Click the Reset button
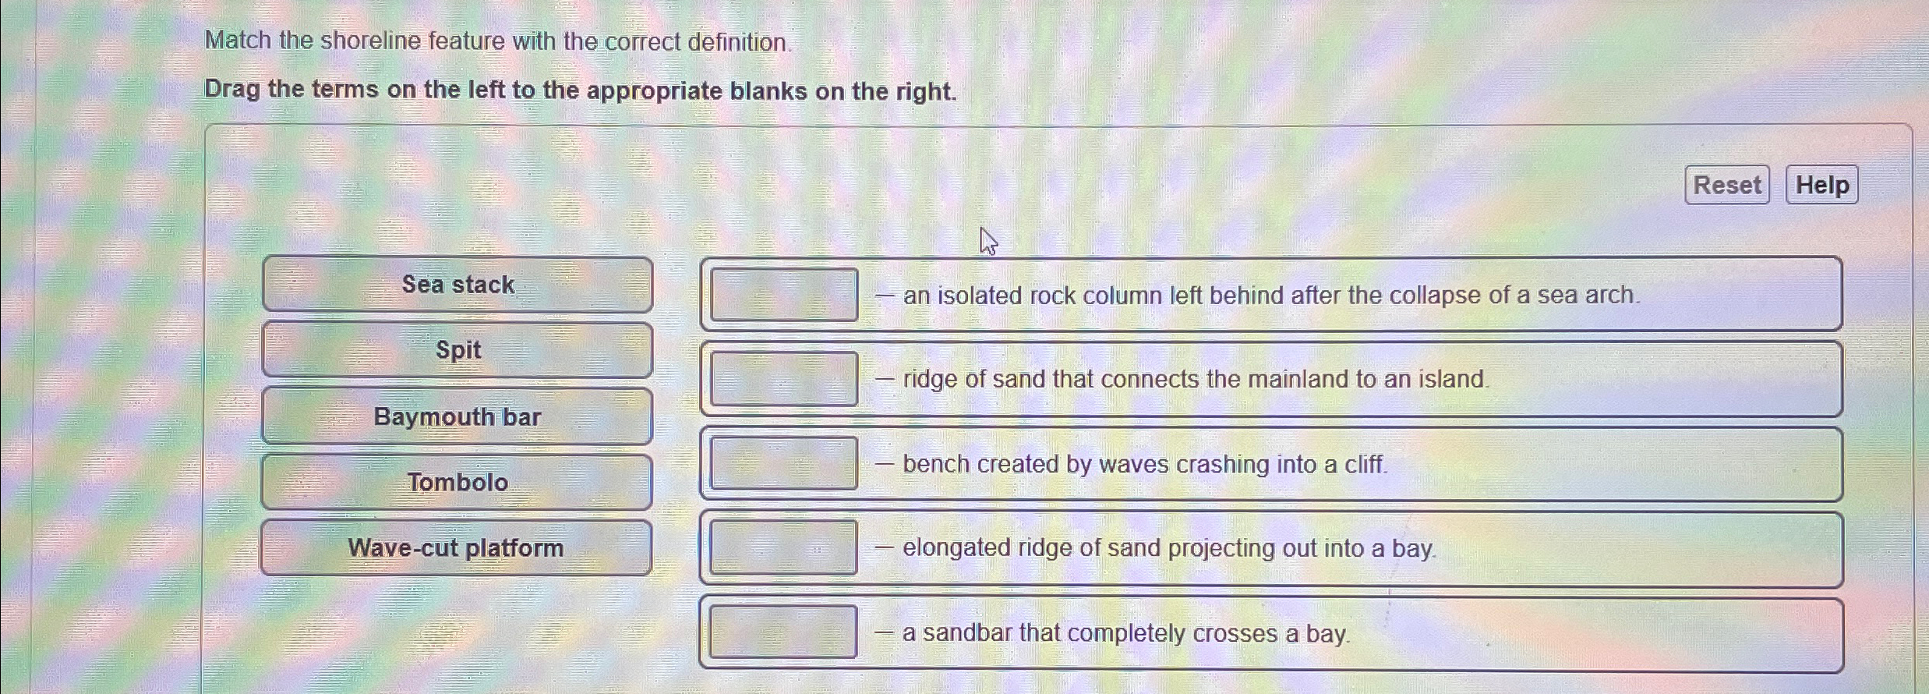[1726, 185]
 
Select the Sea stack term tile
[458, 285]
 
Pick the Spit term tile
[458, 350]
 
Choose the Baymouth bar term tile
[458, 416]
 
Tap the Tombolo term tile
[458, 482]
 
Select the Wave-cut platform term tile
[456, 547]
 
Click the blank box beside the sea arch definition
[784, 295]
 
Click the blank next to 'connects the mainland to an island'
[784, 379]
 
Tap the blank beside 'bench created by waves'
[784, 463]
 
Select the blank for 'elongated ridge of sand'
[784, 547]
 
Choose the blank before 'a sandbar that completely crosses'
[784, 632]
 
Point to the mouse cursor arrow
[987, 240]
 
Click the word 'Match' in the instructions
[238, 41]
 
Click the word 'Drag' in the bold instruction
[231, 90]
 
